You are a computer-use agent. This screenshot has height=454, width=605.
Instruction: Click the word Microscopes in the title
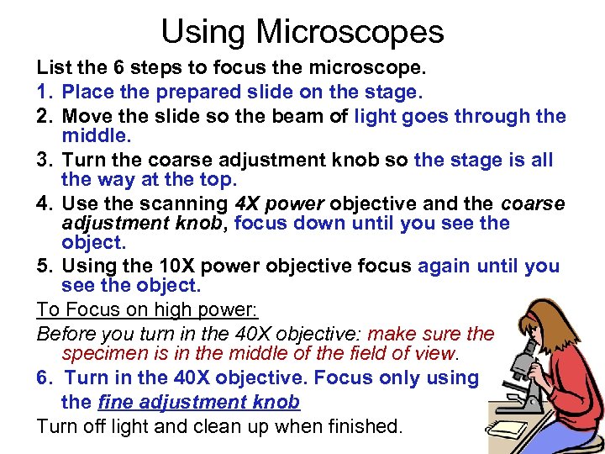pos(350,32)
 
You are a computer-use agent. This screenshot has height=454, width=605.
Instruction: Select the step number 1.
pos(44,92)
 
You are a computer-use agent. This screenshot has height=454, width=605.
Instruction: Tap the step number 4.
pos(45,203)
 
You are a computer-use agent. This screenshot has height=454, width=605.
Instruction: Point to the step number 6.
pos(45,378)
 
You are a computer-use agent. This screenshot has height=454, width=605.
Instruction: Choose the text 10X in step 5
pos(160,267)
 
